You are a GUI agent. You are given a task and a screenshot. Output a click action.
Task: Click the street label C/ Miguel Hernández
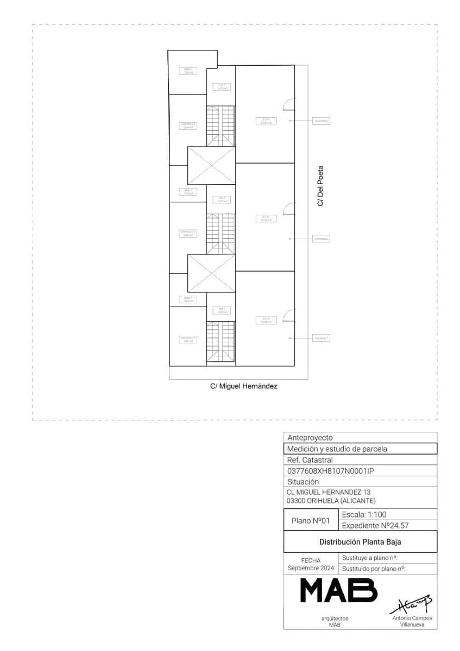(x=244, y=387)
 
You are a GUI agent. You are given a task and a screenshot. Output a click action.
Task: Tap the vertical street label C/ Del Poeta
(x=320, y=186)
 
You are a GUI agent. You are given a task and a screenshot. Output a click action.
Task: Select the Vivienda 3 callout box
(x=321, y=121)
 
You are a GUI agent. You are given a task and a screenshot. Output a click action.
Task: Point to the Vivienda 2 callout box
(x=321, y=239)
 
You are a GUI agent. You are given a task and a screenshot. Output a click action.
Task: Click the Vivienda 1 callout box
(x=321, y=338)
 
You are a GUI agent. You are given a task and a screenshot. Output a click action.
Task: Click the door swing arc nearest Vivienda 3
(x=288, y=103)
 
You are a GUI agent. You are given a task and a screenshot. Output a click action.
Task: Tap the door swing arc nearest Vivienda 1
(x=288, y=314)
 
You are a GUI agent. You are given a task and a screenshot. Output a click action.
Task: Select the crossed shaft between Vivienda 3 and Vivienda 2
(x=211, y=165)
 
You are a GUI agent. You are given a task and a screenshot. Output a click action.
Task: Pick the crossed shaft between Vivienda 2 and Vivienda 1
(x=211, y=273)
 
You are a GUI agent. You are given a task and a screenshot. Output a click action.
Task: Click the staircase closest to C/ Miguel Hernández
(x=220, y=341)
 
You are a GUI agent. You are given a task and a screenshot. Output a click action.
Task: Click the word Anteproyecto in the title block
(x=310, y=438)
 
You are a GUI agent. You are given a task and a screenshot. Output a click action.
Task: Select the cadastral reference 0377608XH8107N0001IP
(x=330, y=471)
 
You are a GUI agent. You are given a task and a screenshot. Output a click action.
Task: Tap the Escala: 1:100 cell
(x=364, y=514)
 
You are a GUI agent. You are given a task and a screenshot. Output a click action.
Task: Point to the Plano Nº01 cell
(x=311, y=520)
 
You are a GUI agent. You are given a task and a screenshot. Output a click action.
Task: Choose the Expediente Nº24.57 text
(x=375, y=526)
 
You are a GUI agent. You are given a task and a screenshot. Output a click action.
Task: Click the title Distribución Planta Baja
(x=360, y=542)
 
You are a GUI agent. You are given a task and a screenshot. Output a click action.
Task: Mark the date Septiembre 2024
(x=311, y=568)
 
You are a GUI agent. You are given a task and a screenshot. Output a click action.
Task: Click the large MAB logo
(x=339, y=590)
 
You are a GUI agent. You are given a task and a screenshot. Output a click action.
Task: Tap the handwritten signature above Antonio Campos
(x=411, y=603)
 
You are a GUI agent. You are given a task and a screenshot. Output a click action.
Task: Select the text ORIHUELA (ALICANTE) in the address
(x=341, y=501)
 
